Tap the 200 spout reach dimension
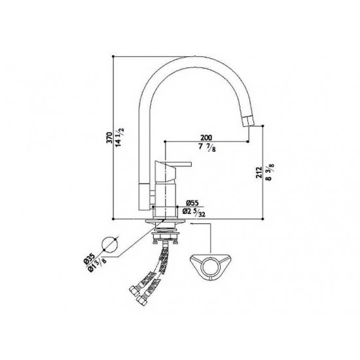pyautogui.click(x=206, y=137)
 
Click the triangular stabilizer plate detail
pyautogui.click(x=212, y=262)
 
